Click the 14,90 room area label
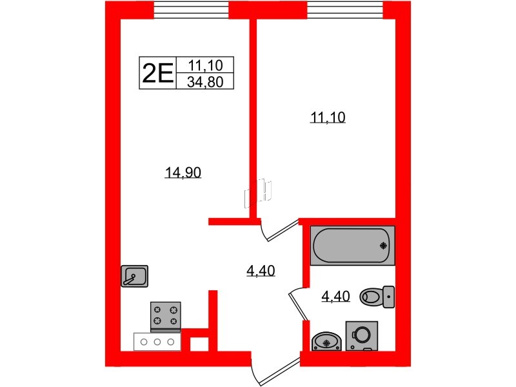(183, 172)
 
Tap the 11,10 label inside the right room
(328, 117)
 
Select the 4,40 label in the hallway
(261, 272)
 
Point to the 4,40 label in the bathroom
(335, 297)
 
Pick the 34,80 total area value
(208, 82)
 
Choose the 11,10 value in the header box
(208, 65)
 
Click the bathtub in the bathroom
(352, 245)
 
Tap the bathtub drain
(384, 245)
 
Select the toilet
(378, 296)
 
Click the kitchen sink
(134, 276)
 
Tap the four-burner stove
(165, 315)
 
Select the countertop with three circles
(157, 341)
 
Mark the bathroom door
(296, 303)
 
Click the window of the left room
(192, 10)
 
